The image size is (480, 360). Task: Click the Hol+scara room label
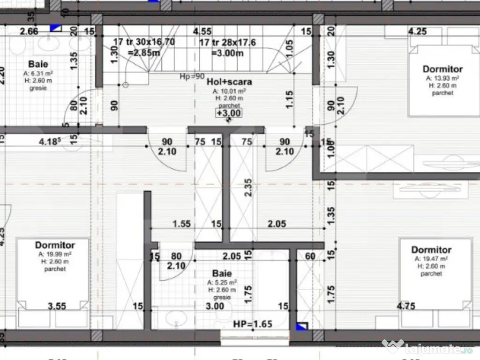229,82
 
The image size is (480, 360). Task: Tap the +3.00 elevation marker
229,112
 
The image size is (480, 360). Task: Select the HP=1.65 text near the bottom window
253,324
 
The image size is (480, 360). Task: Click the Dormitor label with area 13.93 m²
442,69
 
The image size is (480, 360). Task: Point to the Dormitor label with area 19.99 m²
55,245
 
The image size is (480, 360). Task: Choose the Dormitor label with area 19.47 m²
431,250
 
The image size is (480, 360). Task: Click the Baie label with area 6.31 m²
38,64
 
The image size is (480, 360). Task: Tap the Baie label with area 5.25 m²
222,273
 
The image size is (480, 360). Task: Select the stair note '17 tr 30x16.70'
144,42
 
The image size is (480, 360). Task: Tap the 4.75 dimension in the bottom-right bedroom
405,307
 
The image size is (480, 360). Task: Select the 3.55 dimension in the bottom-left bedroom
57,307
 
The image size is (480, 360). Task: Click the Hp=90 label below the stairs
191,76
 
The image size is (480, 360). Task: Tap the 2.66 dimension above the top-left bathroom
29,32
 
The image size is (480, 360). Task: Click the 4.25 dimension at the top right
417,32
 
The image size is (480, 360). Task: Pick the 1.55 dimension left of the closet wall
181,224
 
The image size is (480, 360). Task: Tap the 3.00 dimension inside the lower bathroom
215,307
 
